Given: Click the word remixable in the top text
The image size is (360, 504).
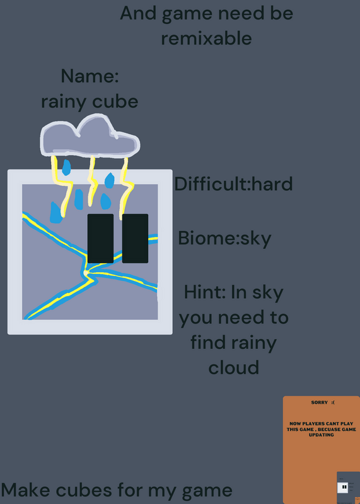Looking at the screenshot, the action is point(206,38).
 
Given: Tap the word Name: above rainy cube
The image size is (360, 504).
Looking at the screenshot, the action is point(90,76).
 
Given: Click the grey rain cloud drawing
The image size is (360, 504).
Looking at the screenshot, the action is point(90,137).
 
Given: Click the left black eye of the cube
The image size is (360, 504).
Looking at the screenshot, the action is point(100,239).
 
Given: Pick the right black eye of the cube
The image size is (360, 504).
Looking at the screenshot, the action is point(135,239).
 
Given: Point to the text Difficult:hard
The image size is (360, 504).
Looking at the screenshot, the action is point(233,184).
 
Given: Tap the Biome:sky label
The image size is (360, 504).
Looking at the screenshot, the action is point(224,239).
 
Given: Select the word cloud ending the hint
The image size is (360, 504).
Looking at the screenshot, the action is point(234,367).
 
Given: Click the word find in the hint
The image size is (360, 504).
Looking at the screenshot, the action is point(209,341).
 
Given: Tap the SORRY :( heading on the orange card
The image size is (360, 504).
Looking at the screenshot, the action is point(323,403).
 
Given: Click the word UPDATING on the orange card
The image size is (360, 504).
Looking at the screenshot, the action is point(321,435).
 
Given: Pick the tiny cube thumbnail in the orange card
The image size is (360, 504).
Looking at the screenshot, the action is point(342,488).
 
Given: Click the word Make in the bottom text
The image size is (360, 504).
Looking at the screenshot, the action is point(26,490).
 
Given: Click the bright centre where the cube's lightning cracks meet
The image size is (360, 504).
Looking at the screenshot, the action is point(86,273).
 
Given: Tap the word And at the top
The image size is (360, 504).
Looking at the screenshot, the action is point(139,13).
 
